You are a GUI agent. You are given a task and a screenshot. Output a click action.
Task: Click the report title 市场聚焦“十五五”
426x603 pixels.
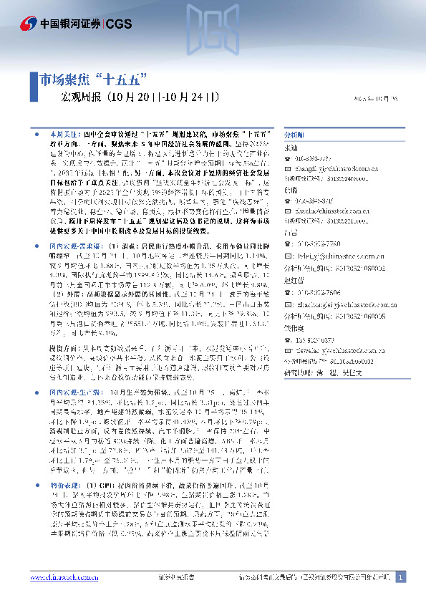pyautogui.click(x=92, y=78)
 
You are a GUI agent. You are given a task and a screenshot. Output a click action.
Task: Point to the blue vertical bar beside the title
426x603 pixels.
pyautogui.click(x=34, y=87)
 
